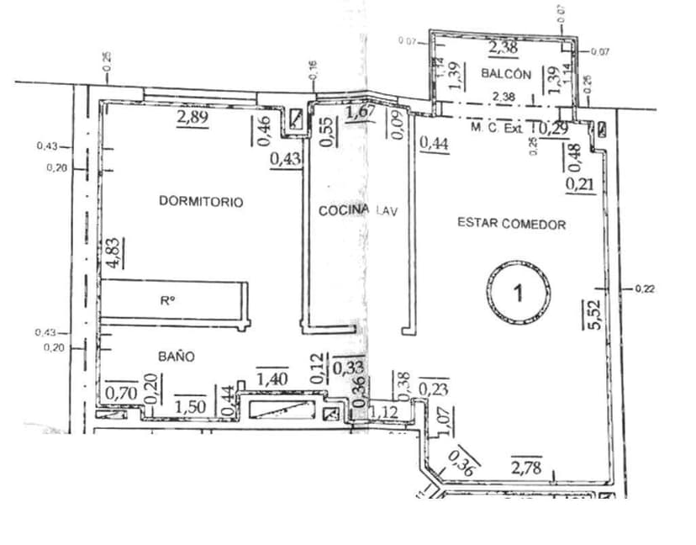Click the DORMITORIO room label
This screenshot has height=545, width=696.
(201, 202)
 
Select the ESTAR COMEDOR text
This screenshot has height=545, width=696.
(511, 224)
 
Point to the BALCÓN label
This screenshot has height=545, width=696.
(505, 74)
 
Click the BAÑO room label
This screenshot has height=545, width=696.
(177, 357)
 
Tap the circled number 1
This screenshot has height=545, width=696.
(519, 293)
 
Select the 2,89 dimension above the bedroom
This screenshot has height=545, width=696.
(192, 118)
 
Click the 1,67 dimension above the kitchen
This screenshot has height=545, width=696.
(361, 112)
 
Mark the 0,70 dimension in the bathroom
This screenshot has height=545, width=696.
(121, 391)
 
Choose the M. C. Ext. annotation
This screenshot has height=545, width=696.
(497, 129)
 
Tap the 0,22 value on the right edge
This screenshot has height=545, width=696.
(645, 289)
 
